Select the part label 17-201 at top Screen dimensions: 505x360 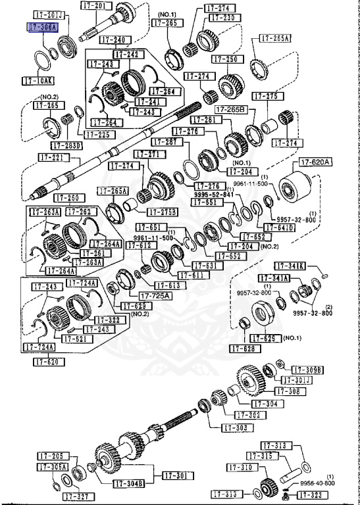[x=95, y=5]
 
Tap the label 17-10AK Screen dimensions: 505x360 [x=38, y=81]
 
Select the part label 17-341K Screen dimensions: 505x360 [x=291, y=266]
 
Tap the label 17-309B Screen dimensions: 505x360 [x=307, y=370]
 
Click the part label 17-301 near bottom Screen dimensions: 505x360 [x=174, y=475]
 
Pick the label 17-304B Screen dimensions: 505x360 [x=128, y=484]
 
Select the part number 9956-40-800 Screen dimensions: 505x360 [x=317, y=483]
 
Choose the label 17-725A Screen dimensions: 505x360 [x=153, y=295]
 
